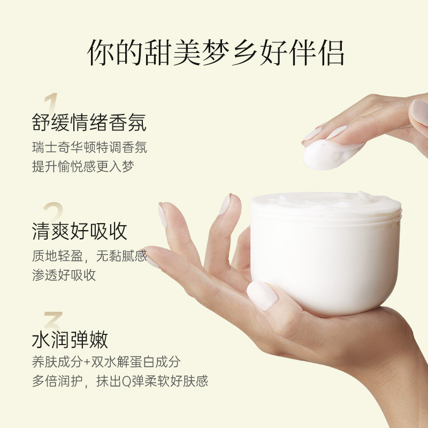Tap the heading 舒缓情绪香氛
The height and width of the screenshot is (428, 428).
pos(89,123)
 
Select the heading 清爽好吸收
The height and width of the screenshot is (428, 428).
pos(79,231)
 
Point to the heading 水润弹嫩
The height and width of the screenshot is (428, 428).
pos(70,339)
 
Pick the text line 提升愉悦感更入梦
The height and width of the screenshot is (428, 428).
pos(83,166)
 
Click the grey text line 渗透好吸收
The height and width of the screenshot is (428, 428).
pos(64,274)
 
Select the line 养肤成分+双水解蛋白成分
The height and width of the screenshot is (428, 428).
pos(106,362)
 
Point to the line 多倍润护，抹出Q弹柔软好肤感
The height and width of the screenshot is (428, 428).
pos(120,381)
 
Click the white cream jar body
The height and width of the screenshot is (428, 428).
pos(326,262)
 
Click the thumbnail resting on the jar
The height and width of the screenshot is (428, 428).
pos(262,295)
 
